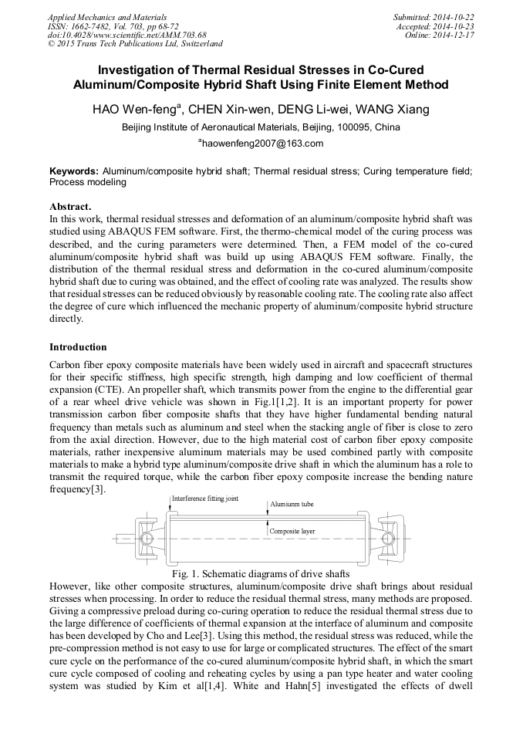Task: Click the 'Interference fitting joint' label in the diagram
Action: pos(204,499)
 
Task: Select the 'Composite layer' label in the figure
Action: pos(292,532)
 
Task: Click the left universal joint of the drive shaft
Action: pos(149,536)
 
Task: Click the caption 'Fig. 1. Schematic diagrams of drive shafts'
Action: pos(261,574)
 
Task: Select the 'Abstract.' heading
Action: pos(70,207)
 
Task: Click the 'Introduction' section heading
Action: pos(78,347)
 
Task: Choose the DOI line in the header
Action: pos(127,35)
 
